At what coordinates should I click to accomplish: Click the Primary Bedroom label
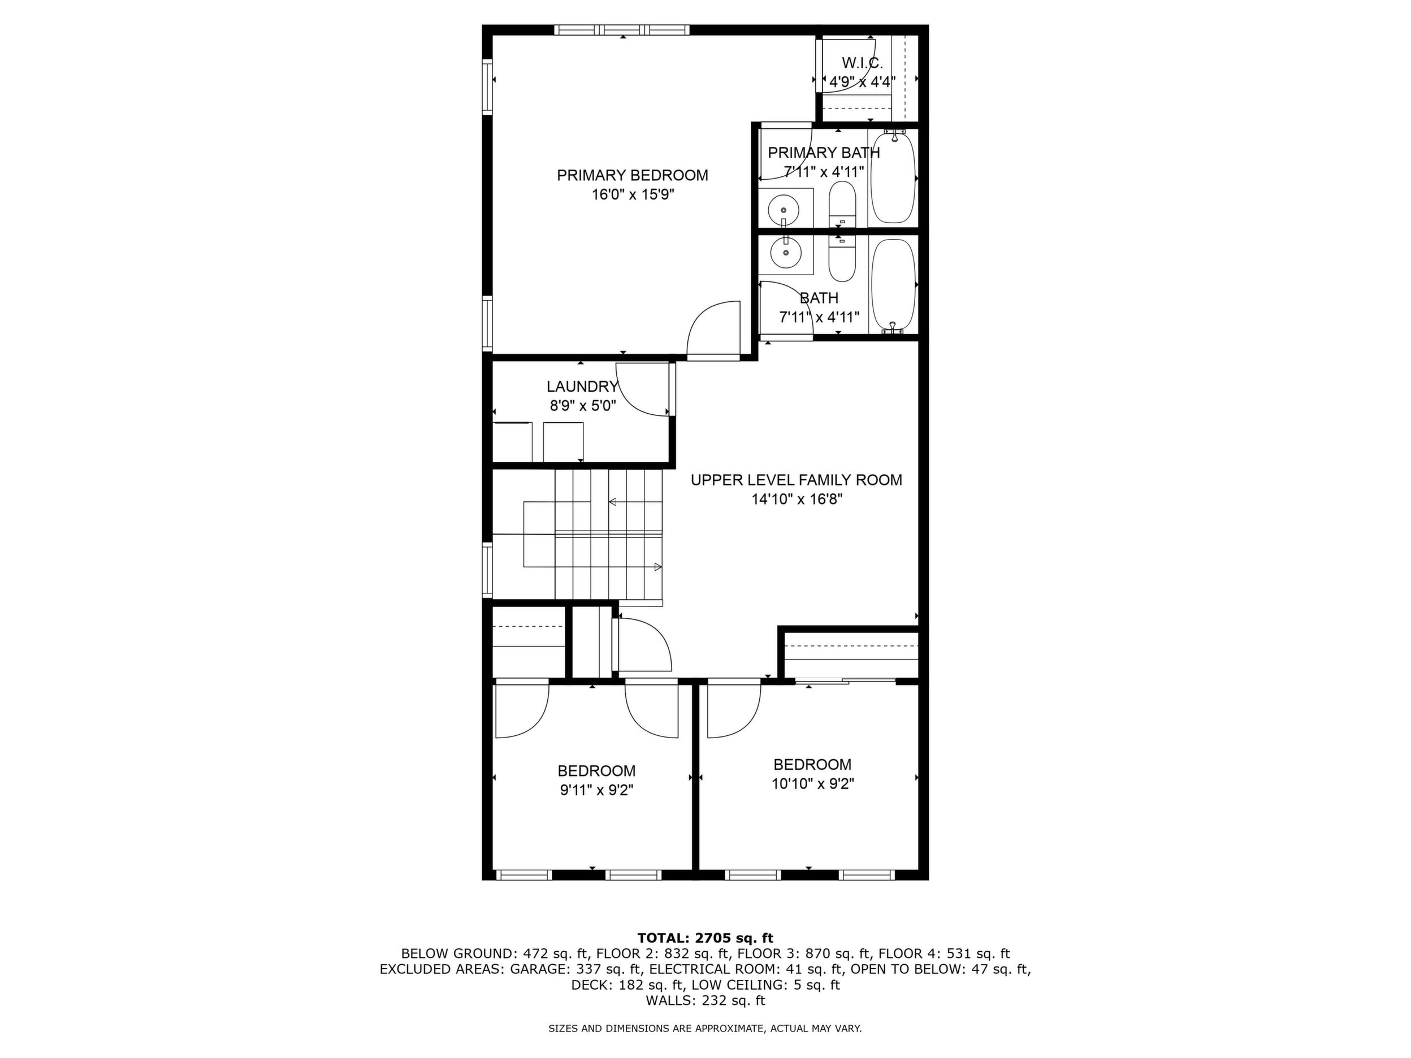pos(632,175)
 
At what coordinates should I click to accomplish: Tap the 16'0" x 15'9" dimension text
pos(633,194)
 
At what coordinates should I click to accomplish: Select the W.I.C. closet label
pos(863,63)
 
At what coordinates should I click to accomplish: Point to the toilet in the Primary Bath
pos(842,203)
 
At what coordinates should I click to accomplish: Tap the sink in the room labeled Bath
pos(786,253)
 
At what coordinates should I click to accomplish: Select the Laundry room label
pos(582,387)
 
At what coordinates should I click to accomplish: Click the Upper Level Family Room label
pos(797,480)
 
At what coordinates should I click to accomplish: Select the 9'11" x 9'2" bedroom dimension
pos(596,790)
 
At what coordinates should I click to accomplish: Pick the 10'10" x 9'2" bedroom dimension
pos(813,784)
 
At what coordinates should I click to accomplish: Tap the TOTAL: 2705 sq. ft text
pos(705,938)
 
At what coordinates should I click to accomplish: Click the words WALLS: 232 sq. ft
pos(705,1000)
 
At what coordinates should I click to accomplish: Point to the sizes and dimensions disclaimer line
pos(705,1029)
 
